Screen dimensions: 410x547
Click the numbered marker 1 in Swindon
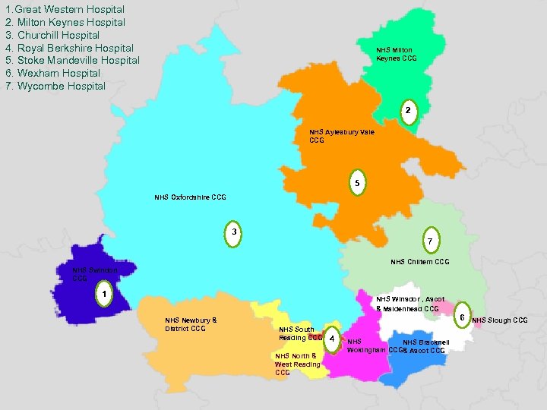pyautogui.click(x=106, y=293)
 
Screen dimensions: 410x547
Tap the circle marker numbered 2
pyautogui.click(x=408, y=112)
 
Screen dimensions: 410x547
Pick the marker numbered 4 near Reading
pyautogui.click(x=333, y=339)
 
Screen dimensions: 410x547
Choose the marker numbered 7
pyautogui.click(x=430, y=241)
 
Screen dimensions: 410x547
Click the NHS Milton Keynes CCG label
pyautogui.click(x=397, y=55)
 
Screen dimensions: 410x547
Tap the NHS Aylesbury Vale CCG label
pyautogui.click(x=341, y=136)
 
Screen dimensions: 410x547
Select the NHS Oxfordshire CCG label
pyautogui.click(x=190, y=197)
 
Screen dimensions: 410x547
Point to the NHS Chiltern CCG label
pyautogui.click(x=419, y=262)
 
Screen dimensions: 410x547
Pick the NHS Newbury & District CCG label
pyautogui.click(x=191, y=324)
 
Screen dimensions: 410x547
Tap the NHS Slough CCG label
pyautogui.click(x=500, y=320)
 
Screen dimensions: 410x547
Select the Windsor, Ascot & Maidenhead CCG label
pyautogui.click(x=409, y=304)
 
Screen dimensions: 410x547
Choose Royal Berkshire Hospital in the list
pyautogui.click(x=69, y=48)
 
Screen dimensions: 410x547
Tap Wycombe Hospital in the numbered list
pyautogui.click(x=55, y=86)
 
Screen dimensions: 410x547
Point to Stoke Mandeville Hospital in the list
pyautogui.click(x=72, y=61)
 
